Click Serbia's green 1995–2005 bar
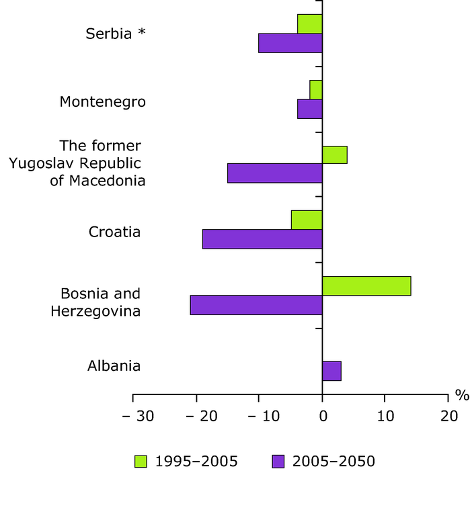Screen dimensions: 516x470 [x=310, y=24]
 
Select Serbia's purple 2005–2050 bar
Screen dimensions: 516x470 [x=290, y=43]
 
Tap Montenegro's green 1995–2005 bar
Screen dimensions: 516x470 [x=316, y=89]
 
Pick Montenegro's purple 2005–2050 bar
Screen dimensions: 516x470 [x=310, y=109]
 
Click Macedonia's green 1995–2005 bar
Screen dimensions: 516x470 [x=335, y=155]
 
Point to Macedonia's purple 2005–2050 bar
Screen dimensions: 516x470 [x=275, y=173]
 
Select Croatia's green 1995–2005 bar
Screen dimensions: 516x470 [x=307, y=220]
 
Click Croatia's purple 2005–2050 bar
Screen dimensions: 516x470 [x=262, y=239]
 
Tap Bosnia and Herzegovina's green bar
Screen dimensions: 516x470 [x=366, y=286]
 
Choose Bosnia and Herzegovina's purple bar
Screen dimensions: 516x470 [x=256, y=305]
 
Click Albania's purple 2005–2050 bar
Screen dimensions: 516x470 [x=331, y=371]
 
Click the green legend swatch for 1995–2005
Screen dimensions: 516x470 [x=141, y=461]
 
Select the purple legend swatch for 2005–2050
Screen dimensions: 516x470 [x=278, y=461]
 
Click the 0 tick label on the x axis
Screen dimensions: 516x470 [x=322, y=416]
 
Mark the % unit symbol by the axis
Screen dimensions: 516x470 [x=462, y=396]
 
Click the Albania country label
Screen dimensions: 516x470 [x=114, y=366]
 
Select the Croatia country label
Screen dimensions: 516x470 [x=114, y=232]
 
